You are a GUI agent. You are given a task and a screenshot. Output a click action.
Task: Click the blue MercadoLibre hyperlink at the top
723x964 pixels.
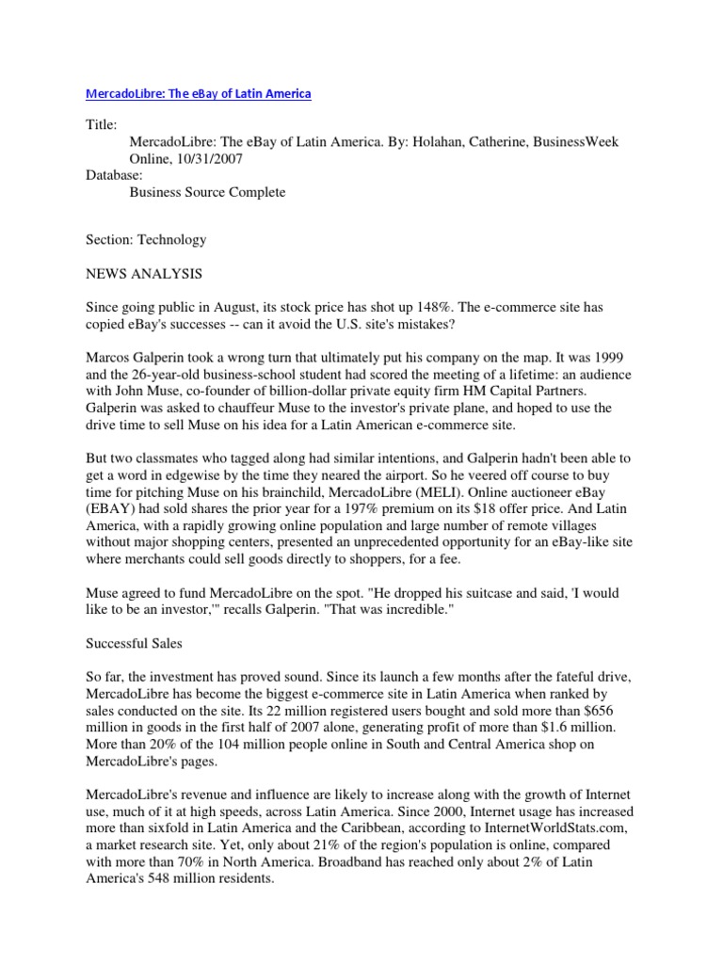coord(199,94)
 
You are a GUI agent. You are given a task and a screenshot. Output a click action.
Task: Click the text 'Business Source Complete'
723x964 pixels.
coord(207,192)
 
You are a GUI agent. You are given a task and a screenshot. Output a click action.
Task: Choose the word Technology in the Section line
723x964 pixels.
coord(171,240)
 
